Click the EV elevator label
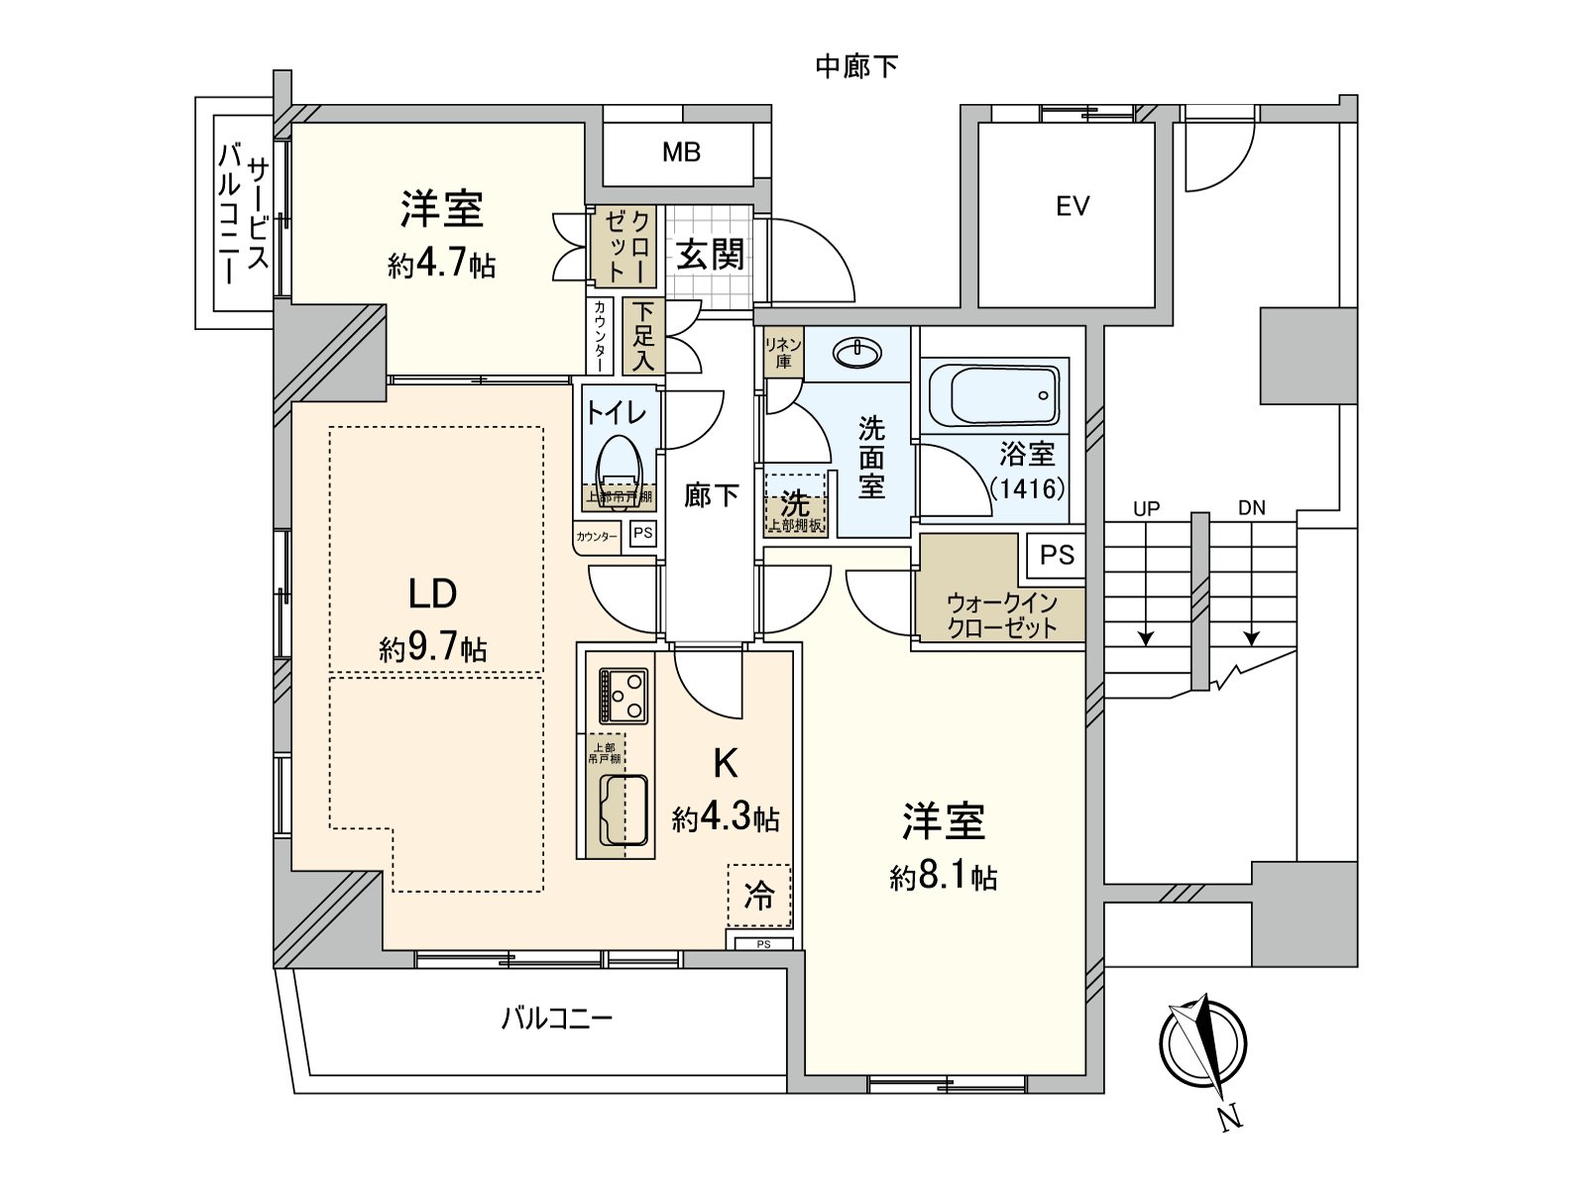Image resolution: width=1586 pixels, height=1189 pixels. pyautogui.click(x=1073, y=206)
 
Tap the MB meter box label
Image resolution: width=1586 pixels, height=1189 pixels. pyautogui.click(x=682, y=152)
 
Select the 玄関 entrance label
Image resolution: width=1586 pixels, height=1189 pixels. pyautogui.click(x=711, y=255)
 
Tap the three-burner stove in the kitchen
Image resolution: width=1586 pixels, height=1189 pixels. pyautogui.click(x=623, y=696)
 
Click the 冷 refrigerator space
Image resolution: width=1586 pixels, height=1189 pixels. pyautogui.click(x=760, y=897)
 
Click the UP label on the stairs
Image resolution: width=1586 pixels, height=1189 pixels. pyautogui.click(x=1146, y=509)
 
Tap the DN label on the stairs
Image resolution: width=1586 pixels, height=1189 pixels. pyautogui.click(x=1251, y=509)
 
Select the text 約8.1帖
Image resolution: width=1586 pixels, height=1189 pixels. pyautogui.click(x=943, y=878)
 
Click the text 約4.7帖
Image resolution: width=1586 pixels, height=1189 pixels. pyautogui.click(x=441, y=266)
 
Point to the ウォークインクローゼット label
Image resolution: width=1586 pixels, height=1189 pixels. pyautogui.click(x=1001, y=615)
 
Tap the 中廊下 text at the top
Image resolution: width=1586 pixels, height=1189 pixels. pyautogui.click(x=856, y=66)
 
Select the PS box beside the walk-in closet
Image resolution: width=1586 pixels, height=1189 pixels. pyautogui.click(x=1057, y=555)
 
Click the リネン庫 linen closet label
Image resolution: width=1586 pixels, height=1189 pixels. pyautogui.click(x=782, y=353)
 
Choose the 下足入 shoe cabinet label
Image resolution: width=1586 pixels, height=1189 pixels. pyautogui.click(x=643, y=336)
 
